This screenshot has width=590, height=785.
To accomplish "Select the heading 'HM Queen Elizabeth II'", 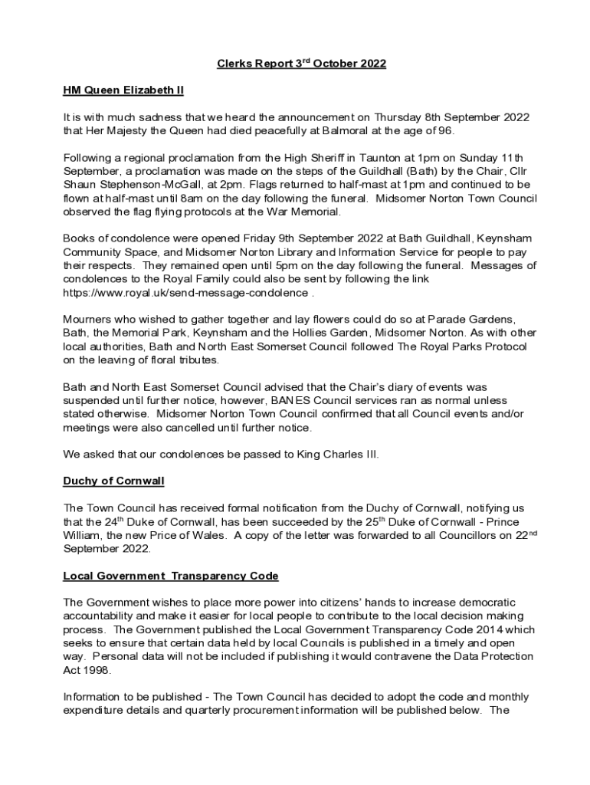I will pyautogui.click(x=123, y=90).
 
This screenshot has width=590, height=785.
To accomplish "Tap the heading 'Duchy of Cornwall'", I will pyautogui.click(x=113, y=481).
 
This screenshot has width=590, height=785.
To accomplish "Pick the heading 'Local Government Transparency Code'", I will pyautogui.click(x=170, y=576).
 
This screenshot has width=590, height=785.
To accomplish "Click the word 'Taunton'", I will pyautogui.click(x=388, y=158).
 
